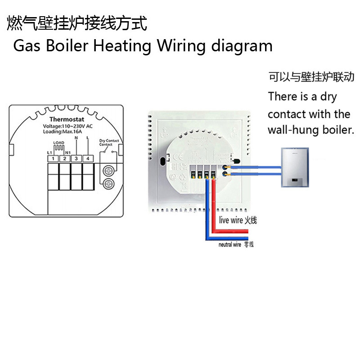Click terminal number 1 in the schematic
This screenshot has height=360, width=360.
pyautogui.click(x=53, y=158)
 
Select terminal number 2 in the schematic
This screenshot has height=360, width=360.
pyautogui.click(x=65, y=158)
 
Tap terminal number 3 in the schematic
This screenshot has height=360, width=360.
pyautogui.click(x=76, y=158)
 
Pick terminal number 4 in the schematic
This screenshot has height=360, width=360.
pyautogui.click(x=88, y=158)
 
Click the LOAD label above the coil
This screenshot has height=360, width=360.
pyautogui.click(x=59, y=143)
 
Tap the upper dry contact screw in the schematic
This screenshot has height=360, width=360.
pyautogui.click(x=108, y=171)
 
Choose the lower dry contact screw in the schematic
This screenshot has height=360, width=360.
pyautogui.click(x=108, y=184)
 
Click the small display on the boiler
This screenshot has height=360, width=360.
pyautogui.click(x=293, y=181)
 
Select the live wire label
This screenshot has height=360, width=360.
pyautogui.click(x=237, y=220)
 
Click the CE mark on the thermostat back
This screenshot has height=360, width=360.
pyautogui.click(x=178, y=157)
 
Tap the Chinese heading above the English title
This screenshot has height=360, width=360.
pyautogui.click(x=77, y=23)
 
